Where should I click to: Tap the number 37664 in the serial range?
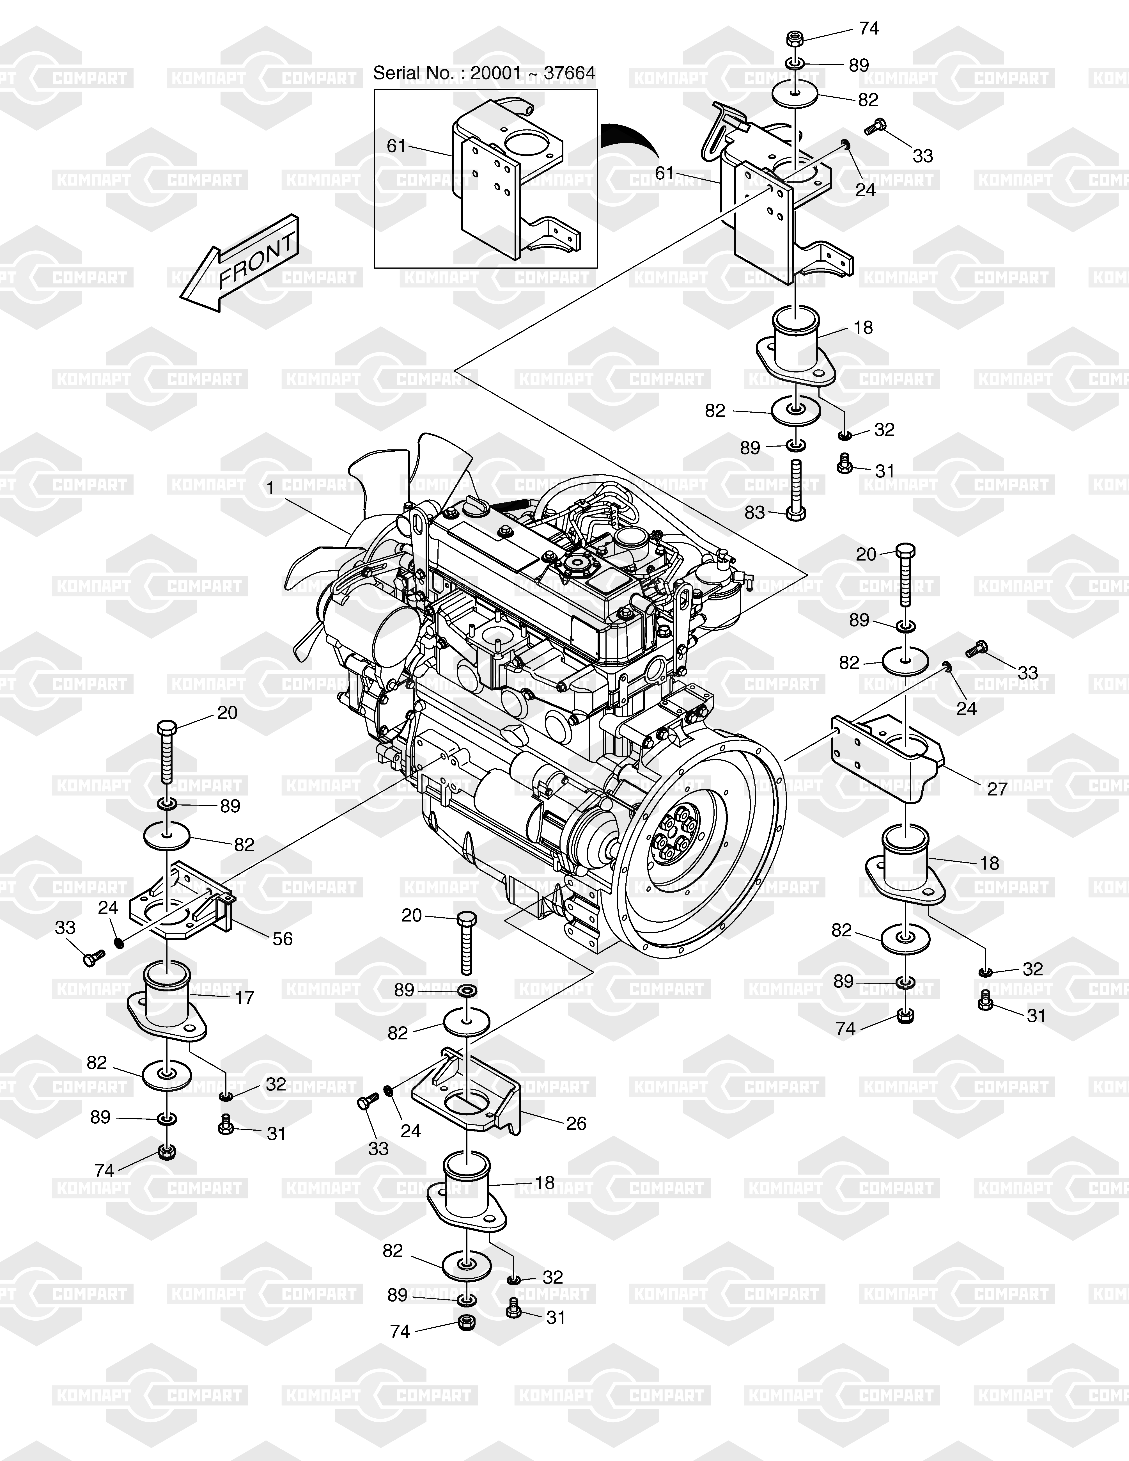569,73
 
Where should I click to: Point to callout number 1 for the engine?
270,489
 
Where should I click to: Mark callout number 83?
754,513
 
